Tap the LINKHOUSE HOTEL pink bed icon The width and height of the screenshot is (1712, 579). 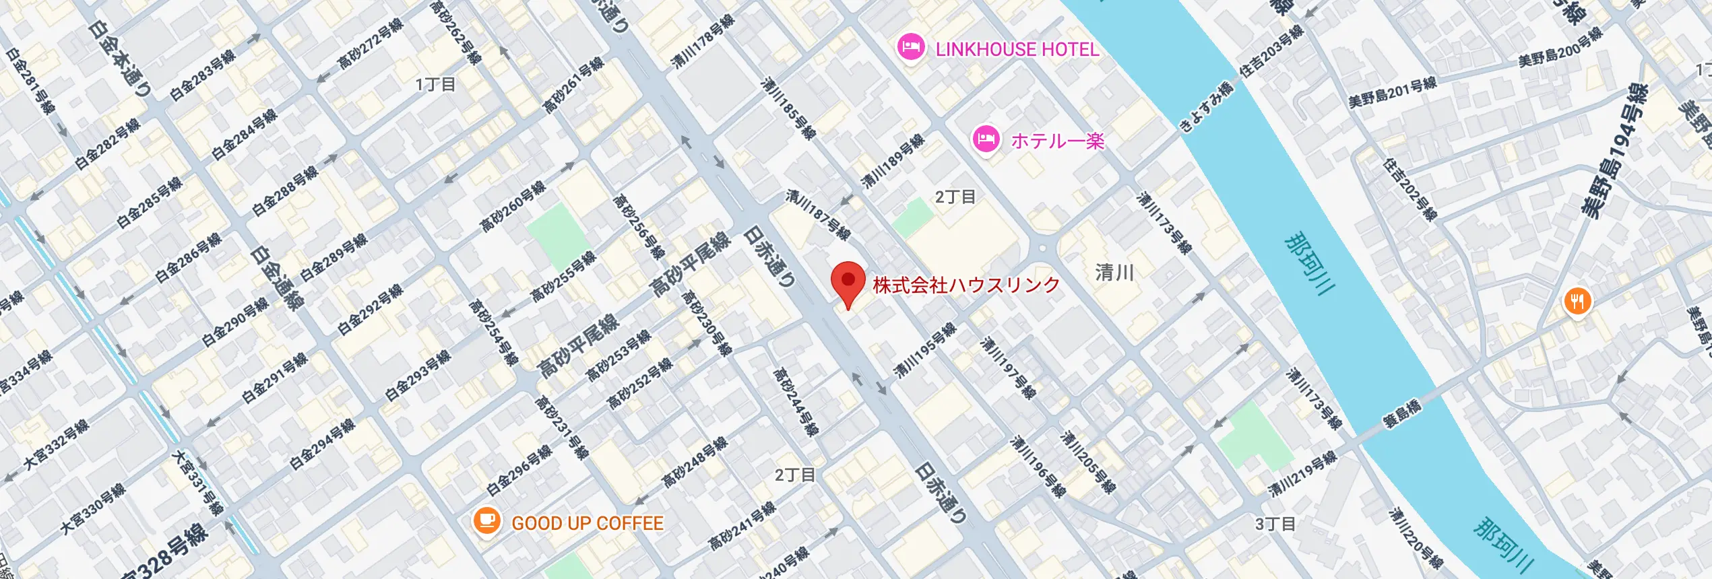point(910,48)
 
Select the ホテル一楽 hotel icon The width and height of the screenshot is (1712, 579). point(986,139)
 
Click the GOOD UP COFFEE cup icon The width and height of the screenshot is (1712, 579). point(486,521)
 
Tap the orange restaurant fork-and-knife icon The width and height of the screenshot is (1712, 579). point(1577,302)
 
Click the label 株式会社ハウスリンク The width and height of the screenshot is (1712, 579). point(966,285)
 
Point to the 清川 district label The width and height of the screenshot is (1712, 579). point(1114,273)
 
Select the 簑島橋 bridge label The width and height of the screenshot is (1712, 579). point(1402,413)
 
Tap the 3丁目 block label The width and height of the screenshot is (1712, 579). point(1275,524)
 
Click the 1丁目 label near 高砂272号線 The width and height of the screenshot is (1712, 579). point(435,85)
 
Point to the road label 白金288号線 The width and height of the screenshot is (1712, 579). point(284,191)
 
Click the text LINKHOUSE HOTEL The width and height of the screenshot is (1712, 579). point(1017,49)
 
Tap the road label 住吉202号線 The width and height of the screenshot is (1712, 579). point(1410,189)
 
